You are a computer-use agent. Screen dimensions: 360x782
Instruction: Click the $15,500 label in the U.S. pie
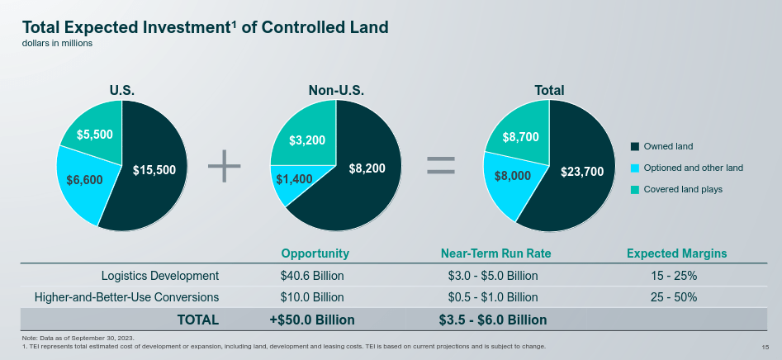154,169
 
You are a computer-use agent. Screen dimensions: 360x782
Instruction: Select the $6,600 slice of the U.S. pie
83,179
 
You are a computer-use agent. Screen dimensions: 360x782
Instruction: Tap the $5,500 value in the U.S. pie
95,134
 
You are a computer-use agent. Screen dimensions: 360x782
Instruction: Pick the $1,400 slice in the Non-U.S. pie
294,179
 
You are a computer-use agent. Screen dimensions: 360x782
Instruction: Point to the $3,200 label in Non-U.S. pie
306,140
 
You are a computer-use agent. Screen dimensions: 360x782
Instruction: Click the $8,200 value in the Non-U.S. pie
367,168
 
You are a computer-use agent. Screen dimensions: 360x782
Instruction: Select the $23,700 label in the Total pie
582,172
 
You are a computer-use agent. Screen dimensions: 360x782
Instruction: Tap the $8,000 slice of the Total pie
513,176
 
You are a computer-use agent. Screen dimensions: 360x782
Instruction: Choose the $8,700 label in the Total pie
521,136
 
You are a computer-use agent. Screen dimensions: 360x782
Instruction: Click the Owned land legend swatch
635,146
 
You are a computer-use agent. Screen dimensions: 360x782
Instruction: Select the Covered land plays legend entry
682,189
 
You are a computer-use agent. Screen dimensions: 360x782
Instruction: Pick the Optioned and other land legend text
693,168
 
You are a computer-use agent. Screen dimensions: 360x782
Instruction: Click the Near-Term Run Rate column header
496,253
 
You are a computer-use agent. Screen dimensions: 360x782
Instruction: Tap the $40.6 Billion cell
312,276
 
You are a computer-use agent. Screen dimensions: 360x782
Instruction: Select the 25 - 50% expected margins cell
674,297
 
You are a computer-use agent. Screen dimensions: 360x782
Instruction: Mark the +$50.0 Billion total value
312,320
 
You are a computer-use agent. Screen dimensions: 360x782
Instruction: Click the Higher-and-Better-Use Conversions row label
126,297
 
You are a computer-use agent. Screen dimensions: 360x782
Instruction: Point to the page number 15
765,346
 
